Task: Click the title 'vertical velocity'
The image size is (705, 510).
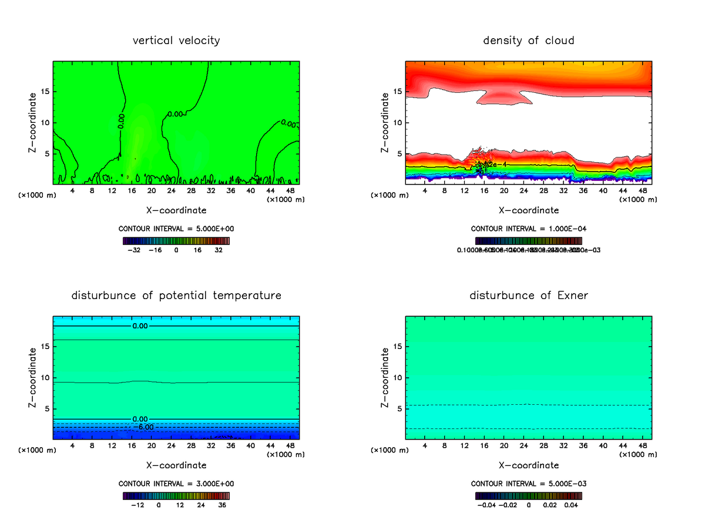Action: (x=176, y=41)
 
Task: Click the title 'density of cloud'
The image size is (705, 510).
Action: (x=529, y=41)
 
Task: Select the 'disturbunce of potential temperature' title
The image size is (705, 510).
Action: (x=176, y=295)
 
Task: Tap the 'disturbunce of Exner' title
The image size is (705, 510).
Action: (x=529, y=295)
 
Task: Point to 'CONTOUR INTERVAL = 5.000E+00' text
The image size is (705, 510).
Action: (x=176, y=229)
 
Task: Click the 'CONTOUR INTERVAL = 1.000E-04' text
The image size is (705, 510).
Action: (x=529, y=229)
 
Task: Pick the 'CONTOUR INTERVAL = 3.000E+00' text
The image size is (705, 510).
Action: (x=176, y=484)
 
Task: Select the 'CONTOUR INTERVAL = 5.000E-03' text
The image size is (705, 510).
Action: (x=529, y=484)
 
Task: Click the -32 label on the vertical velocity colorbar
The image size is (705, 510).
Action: (x=135, y=250)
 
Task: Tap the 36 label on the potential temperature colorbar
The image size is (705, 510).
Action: (x=222, y=505)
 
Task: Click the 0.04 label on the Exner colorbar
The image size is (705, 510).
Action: (x=572, y=505)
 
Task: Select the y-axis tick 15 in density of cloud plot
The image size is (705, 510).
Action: (x=398, y=92)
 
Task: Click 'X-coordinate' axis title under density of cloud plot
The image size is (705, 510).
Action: (x=529, y=210)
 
